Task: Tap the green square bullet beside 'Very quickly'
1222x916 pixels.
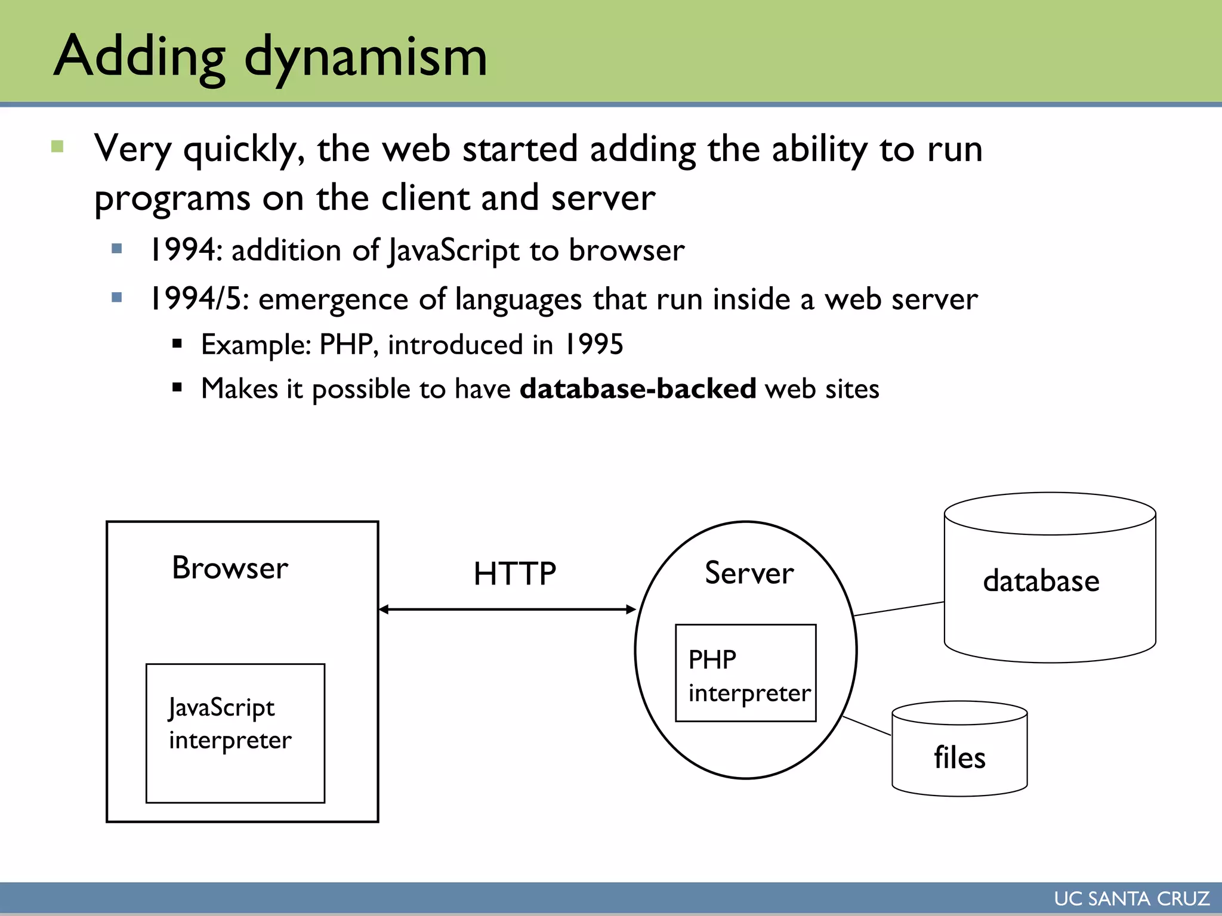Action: (57, 146)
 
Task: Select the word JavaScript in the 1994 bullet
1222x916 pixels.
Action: (453, 250)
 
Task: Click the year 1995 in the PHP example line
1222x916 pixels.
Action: (594, 344)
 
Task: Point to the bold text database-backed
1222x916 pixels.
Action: (638, 389)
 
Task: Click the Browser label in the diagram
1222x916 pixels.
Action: (230, 568)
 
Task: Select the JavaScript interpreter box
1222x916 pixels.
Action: (235, 733)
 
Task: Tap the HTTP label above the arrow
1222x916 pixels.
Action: (514, 574)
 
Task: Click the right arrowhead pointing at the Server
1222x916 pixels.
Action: (631, 609)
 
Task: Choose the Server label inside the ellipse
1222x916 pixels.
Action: (749, 573)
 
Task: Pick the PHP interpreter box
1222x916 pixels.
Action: (745, 673)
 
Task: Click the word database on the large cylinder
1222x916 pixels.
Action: (1041, 581)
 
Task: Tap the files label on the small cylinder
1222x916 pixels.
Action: (959, 758)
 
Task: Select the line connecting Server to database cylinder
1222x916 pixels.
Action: (899, 609)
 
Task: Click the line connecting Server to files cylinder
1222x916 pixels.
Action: (866, 726)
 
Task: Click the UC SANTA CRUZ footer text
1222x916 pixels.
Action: (1131, 899)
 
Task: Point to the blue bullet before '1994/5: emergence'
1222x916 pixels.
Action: (117, 297)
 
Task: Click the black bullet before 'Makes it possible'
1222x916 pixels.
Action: (177, 388)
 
